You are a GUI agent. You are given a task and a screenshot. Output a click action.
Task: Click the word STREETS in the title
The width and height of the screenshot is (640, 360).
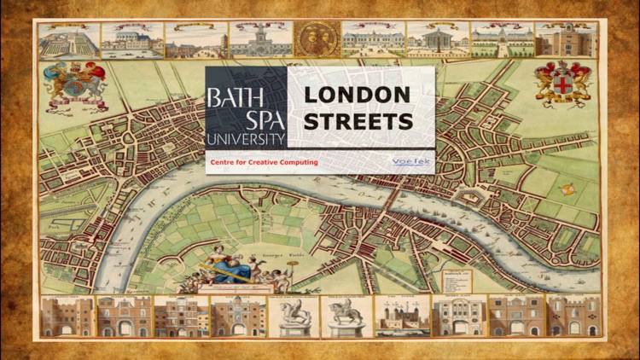point(358,122)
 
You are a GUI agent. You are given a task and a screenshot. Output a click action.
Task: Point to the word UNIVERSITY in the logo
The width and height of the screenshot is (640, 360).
point(244,138)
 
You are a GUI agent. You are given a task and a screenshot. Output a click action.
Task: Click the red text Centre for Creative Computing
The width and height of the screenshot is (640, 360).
point(264,162)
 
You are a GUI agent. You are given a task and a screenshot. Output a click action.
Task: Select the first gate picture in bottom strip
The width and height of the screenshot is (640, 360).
point(66,316)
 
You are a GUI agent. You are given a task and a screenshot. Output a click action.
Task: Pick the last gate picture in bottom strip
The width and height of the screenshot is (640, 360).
point(567,316)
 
